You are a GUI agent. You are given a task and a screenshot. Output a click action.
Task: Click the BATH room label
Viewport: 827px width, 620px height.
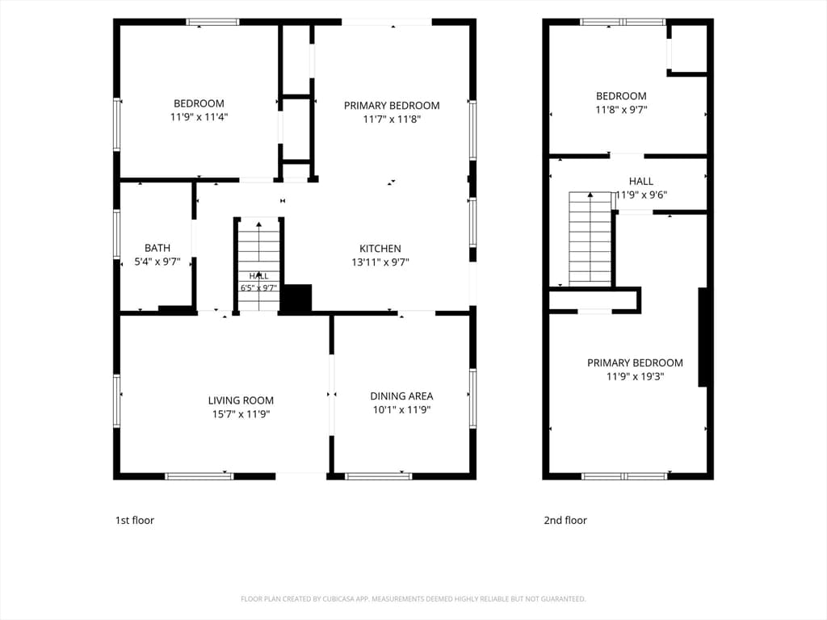click(157, 248)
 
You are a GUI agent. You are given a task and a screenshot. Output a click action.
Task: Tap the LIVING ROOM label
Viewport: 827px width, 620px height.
click(241, 400)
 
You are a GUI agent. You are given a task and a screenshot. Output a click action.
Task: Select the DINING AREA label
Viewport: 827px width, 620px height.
click(401, 396)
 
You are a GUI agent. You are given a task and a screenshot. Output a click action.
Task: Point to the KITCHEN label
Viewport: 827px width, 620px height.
click(380, 249)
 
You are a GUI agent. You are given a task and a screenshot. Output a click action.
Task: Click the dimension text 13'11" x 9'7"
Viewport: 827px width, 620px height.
click(380, 262)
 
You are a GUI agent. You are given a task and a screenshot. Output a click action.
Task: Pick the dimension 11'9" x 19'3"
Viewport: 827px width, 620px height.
click(635, 376)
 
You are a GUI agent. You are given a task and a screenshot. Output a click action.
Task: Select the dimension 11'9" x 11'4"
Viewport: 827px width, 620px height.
click(199, 117)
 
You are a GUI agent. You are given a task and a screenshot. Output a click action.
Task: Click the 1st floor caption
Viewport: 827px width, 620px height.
click(135, 521)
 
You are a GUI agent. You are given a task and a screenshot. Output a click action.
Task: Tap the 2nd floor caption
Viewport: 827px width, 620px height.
click(565, 521)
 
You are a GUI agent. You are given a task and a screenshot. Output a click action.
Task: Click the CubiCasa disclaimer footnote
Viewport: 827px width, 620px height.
click(413, 599)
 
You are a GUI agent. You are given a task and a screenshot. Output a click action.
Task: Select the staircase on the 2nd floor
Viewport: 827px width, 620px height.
click(590, 239)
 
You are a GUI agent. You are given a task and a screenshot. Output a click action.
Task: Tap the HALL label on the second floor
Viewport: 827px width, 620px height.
click(640, 182)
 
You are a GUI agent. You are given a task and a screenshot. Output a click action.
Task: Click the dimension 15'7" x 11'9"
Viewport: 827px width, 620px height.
click(241, 414)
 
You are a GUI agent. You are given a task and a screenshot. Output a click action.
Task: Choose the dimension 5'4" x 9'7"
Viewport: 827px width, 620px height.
click(157, 262)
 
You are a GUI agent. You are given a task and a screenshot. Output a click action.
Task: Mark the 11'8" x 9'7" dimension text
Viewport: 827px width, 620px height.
click(621, 110)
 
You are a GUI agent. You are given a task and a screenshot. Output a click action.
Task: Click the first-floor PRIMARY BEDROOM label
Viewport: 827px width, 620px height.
click(392, 106)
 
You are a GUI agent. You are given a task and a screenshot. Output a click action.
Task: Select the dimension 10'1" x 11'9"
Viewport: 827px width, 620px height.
click(402, 409)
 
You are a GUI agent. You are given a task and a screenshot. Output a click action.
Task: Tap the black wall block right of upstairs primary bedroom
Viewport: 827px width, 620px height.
click(703, 337)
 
